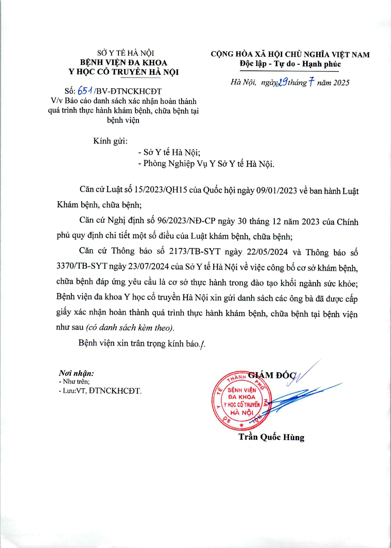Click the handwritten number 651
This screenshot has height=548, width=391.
(85, 91)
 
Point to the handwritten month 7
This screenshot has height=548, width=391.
(311, 82)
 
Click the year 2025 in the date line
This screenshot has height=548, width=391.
(341, 83)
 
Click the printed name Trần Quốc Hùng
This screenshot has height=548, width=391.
(271, 437)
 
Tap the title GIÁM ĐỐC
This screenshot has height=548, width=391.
(272, 375)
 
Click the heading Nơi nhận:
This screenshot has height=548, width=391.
(76, 373)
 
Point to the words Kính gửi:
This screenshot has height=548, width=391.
(110, 141)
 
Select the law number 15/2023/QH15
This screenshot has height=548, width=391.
(160, 190)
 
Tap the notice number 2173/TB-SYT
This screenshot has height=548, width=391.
(195, 251)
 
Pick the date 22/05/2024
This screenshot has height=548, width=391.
(267, 252)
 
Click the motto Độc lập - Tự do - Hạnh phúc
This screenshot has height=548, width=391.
(290, 64)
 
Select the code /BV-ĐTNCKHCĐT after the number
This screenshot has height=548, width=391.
(128, 91)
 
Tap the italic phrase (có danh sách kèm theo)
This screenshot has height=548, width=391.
(130, 328)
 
